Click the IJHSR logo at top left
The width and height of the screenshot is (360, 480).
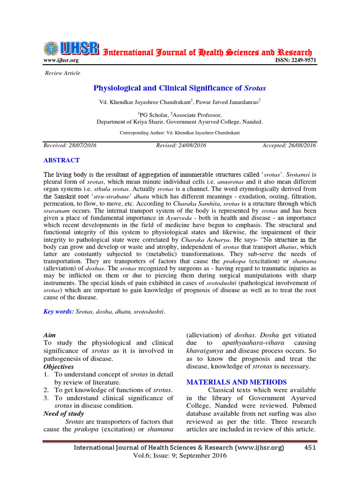(71, 48)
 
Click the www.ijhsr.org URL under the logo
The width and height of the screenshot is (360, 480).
(61, 60)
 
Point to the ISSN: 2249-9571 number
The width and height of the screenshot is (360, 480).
(294, 60)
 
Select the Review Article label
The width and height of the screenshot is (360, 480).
(62, 73)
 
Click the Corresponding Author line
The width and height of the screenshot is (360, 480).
(180, 133)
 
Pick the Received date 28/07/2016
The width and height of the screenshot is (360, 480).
(70, 145)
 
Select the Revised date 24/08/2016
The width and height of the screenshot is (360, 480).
(181, 145)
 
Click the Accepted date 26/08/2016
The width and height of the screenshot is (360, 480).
(289, 145)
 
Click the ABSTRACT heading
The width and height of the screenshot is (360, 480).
(61, 160)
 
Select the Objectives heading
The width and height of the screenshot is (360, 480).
(59, 366)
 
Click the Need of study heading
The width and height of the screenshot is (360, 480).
(63, 413)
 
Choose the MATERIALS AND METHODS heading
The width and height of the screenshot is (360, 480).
(236, 382)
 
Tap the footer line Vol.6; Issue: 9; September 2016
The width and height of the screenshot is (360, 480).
(180, 456)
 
